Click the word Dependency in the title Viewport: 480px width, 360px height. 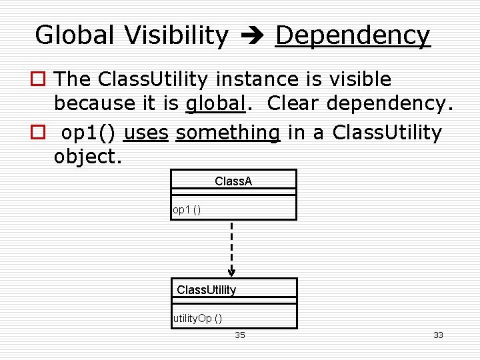(353, 35)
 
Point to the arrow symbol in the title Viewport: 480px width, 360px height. (252, 36)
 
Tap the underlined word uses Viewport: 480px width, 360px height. (146, 133)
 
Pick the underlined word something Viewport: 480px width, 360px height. (228, 133)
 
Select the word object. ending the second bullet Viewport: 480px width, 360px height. (88, 157)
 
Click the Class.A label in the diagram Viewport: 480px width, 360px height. (233, 181)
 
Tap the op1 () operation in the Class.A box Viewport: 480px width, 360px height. (187, 210)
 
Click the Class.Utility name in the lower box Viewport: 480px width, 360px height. (206, 290)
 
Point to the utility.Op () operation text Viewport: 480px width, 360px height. (198, 319)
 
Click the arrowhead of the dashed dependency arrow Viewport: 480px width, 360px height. (231, 271)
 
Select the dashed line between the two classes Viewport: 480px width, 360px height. (231, 243)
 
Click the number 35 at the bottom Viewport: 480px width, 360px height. (240, 335)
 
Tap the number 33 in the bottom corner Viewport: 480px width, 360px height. (438, 335)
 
